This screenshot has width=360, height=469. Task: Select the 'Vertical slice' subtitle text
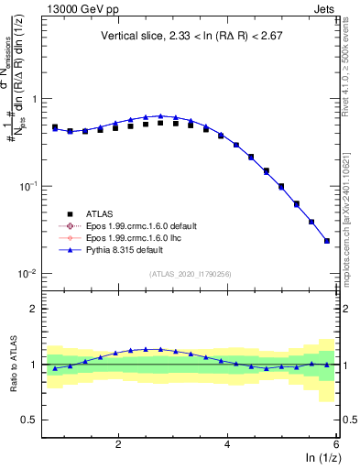[190, 37]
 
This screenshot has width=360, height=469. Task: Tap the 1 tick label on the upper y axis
[35, 99]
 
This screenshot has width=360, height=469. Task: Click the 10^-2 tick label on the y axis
[28, 274]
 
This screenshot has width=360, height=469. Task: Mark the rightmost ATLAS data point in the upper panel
[327, 241]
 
